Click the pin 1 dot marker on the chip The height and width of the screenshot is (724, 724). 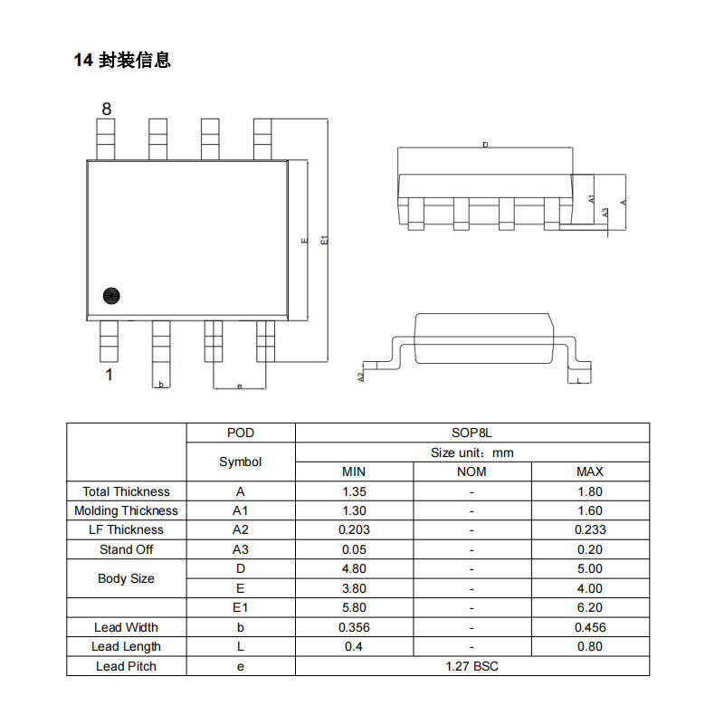(112, 295)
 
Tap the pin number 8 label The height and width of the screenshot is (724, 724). (106, 109)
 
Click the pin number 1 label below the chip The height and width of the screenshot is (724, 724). (109, 375)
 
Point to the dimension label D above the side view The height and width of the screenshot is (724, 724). (485, 145)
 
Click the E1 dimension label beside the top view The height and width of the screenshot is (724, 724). (324, 240)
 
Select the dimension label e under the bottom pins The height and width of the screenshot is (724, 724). (239, 386)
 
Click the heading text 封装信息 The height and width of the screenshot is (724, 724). (135, 61)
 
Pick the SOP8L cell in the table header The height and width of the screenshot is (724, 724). (472, 433)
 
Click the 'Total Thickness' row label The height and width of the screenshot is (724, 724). (126, 491)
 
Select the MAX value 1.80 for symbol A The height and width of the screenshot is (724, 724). (589, 491)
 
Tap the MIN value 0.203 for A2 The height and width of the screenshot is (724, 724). (354, 529)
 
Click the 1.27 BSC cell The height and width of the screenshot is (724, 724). (472, 666)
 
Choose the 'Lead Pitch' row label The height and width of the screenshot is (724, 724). (126, 666)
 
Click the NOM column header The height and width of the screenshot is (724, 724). (472, 472)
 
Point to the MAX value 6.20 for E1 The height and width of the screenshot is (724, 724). (589, 607)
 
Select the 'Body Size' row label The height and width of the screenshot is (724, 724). (126, 578)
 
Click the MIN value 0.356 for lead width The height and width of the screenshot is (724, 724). (354, 627)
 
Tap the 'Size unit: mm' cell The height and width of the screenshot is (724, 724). (472, 452)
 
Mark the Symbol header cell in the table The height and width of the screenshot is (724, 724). (240, 462)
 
